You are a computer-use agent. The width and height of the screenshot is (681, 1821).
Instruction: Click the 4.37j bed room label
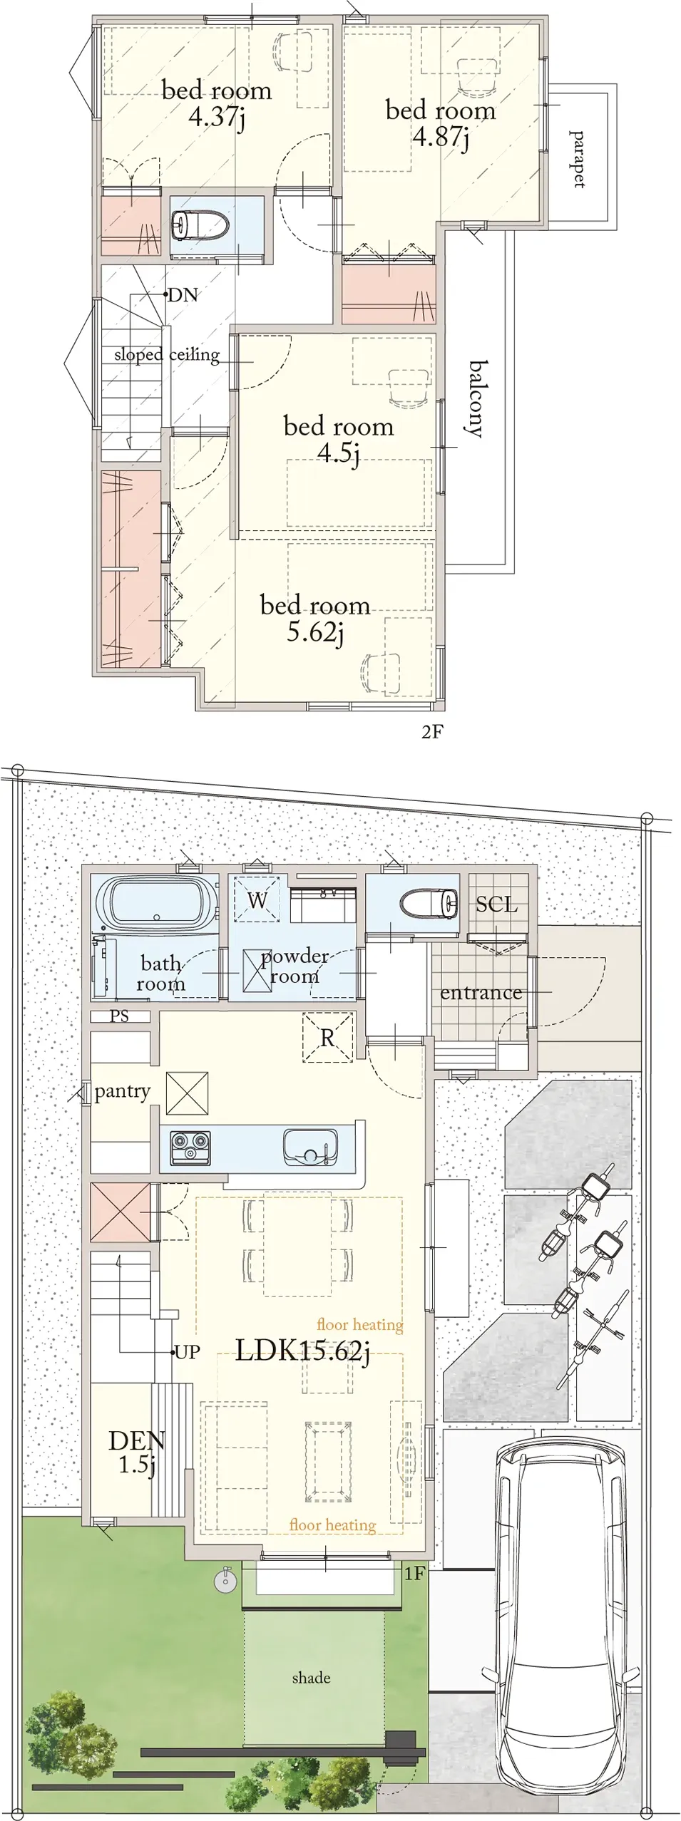[x=217, y=103]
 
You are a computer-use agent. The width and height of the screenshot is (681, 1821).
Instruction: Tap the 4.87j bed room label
[x=441, y=123]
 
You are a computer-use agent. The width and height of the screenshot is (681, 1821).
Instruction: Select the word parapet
[x=577, y=159]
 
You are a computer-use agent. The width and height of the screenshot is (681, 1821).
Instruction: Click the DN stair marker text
[x=183, y=295]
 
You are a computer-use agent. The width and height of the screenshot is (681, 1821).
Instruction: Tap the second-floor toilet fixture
[x=199, y=225]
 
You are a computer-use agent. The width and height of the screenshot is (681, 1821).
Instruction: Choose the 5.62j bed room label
[x=315, y=619]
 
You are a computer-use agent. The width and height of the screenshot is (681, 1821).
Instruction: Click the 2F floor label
[x=432, y=732]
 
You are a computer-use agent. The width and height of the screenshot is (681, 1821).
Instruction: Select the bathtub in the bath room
[x=157, y=902]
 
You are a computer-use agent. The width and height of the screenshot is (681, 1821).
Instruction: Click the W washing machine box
[x=257, y=899]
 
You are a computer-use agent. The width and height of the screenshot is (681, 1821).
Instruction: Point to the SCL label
[x=496, y=904]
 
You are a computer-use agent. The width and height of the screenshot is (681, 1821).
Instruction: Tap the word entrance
[x=481, y=993]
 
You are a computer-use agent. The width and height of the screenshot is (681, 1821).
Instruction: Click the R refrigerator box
[x=327, y=1038]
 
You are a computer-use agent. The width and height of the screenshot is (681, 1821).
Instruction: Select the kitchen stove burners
[x=190, y=1148]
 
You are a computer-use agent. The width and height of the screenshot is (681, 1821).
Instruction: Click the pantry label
[x=123, y=1092]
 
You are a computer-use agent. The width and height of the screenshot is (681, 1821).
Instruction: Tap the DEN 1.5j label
[x=137, y=1453]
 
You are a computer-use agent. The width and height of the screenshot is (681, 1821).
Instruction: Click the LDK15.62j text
[x=303, y=1351]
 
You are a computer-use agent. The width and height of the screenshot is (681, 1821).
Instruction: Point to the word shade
[x=311, y=1678]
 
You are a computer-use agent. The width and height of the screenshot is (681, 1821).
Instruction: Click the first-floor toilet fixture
[x=429, y=904]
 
